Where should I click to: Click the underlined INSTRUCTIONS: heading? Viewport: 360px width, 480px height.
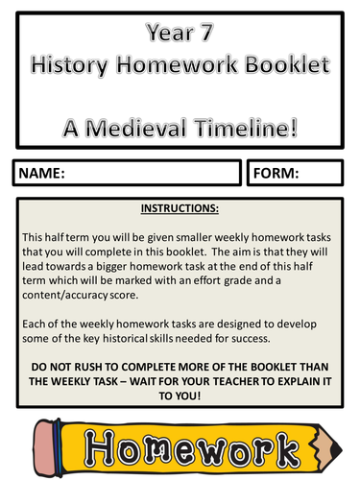[x=180, y=206]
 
